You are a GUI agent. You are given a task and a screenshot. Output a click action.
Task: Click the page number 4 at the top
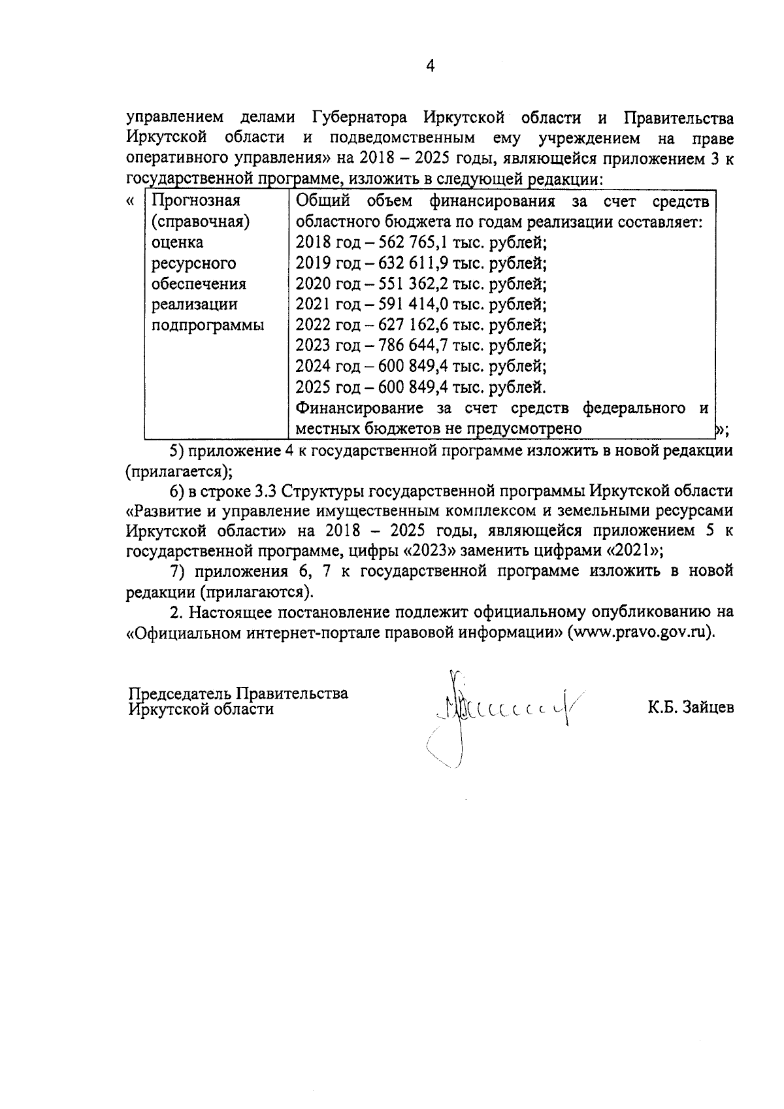click(x=430, y=65)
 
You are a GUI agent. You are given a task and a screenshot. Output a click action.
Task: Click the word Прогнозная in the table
click(x=195, y=201)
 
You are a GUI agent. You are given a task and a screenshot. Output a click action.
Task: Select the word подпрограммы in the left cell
click(x=207, y=325)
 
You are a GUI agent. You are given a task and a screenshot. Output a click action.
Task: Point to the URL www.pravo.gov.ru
click(x=640, y=633)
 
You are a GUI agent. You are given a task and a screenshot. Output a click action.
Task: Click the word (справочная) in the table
click(x=201, y=222)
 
